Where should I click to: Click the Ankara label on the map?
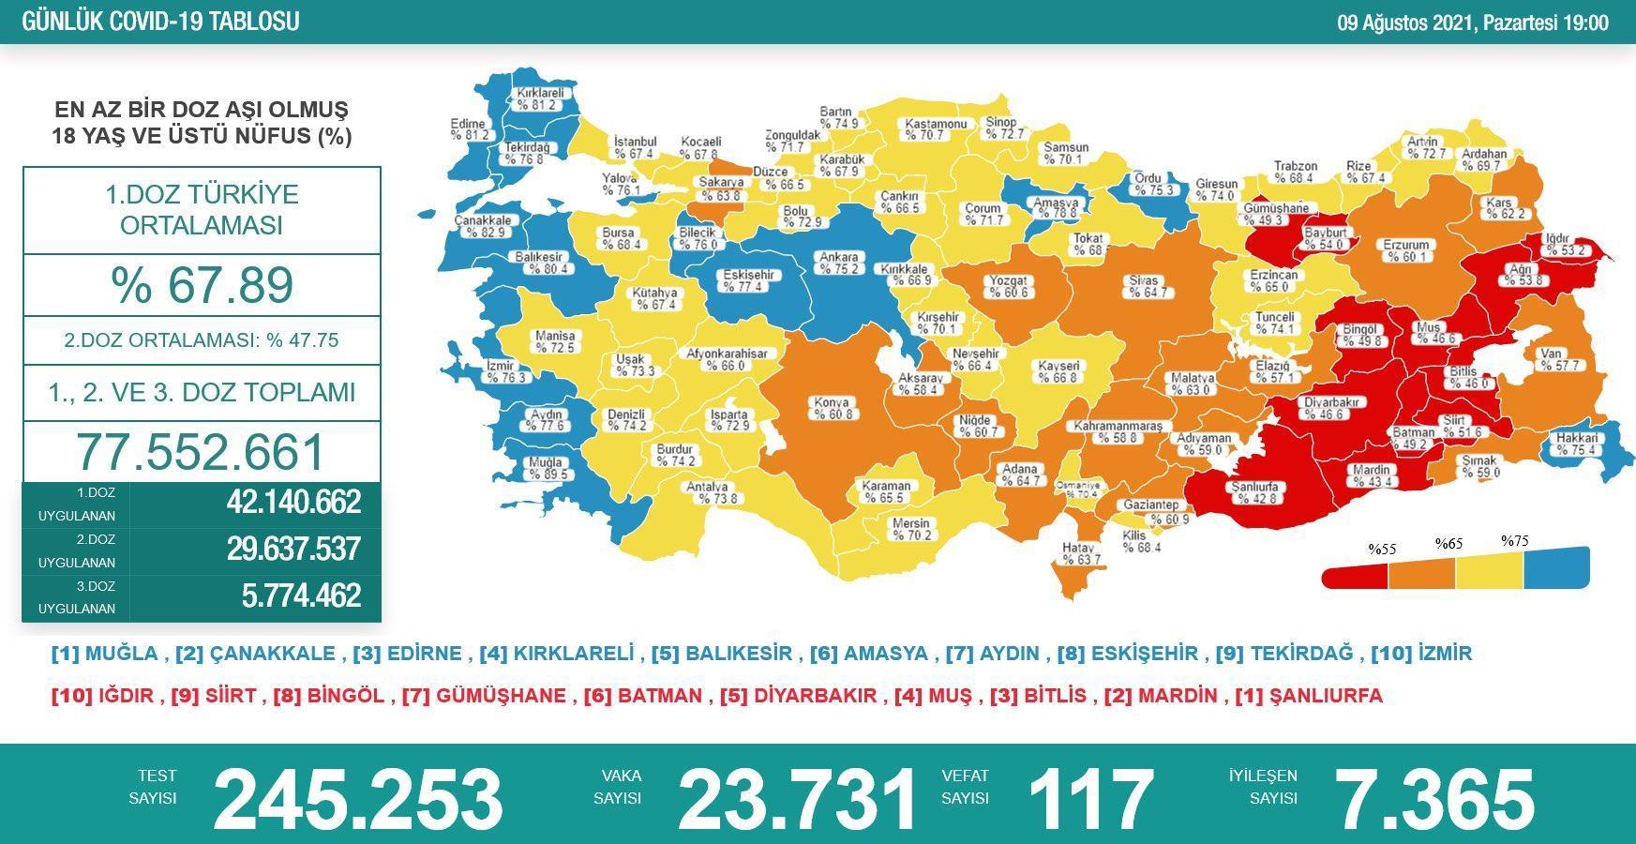click(x=838, y=263)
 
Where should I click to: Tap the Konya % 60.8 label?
click(x=833, y=408)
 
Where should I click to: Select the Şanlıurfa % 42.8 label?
click(x=1255, y=492)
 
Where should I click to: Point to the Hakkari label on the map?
click(x=1576, y=444)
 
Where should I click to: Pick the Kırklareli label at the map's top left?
click(x=539, y=99)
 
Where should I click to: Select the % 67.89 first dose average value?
click(x=202, y=285)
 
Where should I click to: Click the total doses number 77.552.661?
click(x=201, y=452)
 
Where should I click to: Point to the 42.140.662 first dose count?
click(x=293, y=503)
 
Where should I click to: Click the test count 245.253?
click(x=358, y=799)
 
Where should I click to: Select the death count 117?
click(x=1089, y=799)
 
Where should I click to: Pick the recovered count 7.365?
click(x=1433, y=799)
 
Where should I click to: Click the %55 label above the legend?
click(x=1382, y=550)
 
